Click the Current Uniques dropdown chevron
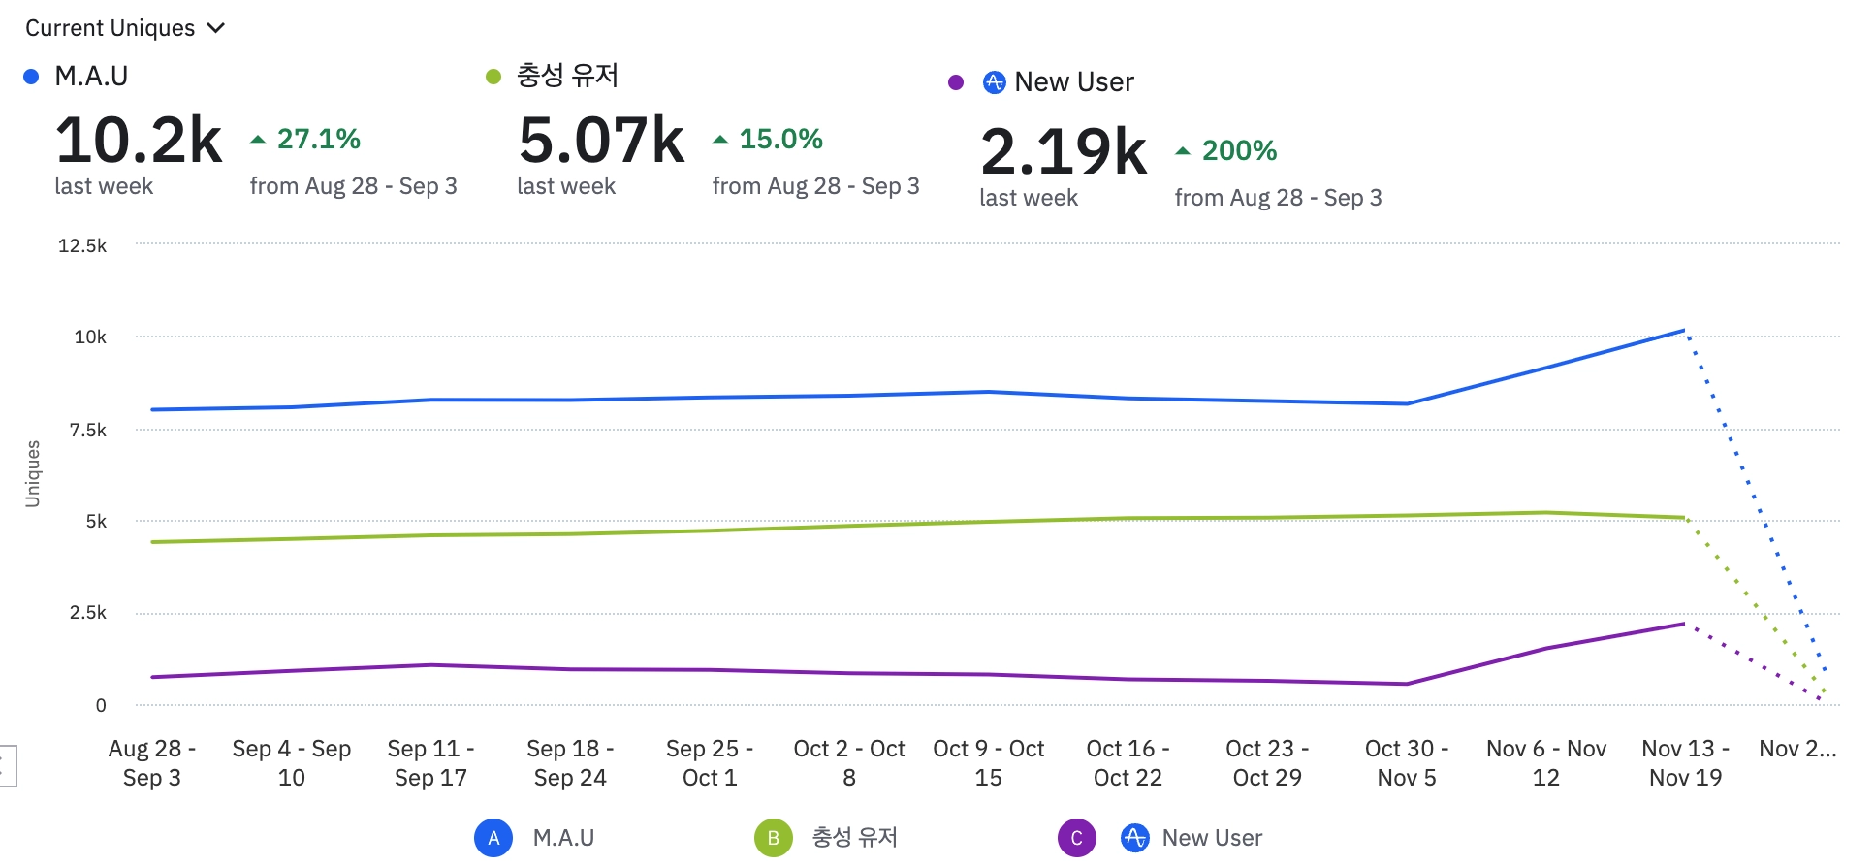tap(216, 28)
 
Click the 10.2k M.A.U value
tap(139, 141)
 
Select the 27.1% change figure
tap(318, 139)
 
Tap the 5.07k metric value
tap(601, 141)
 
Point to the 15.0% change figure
tap(780, 139)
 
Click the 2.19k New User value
tap(1064, 152)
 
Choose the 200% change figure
tap(1239, 150)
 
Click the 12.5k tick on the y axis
tap(82, 245)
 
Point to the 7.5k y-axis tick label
tap(87, 430)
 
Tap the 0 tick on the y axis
tap(101, 706)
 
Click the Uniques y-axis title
tap(33, 473)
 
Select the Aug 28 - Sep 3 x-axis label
tap(151, 762)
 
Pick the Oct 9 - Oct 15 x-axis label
tap(988, 762)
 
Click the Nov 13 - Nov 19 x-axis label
tap(1685, 762)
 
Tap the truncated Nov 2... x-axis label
tap(1797, 749)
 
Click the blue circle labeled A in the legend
tap(493, 838)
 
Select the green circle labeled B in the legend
tap(773, 838)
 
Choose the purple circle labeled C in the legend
tap(1076, 838)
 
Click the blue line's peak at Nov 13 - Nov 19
tap(1684, 331)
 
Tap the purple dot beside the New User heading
tap(956, 82)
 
